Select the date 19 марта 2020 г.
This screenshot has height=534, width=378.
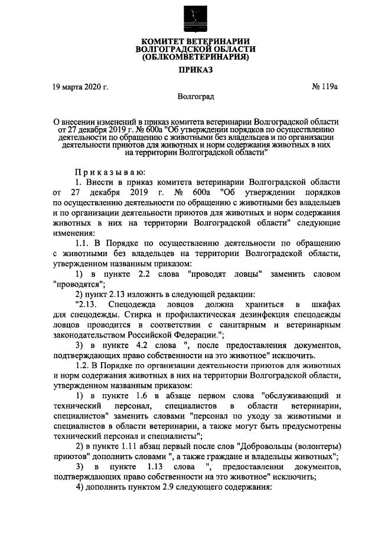pos(80,87)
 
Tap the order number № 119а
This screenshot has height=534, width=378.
pos(324,87)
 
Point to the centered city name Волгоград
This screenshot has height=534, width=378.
pos(195,96)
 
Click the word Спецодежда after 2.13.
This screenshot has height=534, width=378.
pos(132,303)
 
